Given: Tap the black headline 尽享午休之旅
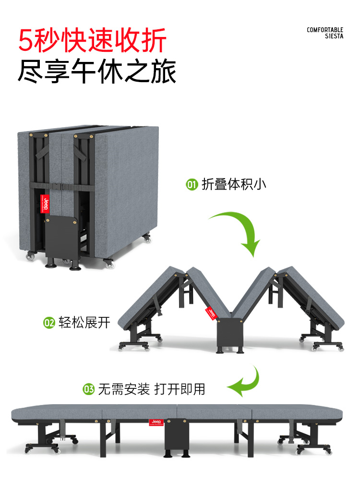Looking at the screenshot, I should (97, 72).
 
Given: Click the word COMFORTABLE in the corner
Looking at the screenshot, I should (325, 30).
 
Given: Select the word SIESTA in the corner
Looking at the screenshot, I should (334, 36).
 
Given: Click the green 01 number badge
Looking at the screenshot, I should (192, 184).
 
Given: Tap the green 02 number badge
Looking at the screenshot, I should (49, 323).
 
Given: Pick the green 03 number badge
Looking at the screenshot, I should (89, 389).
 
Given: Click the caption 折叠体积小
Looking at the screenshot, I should (234, 184).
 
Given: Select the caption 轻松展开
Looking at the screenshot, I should (84, 323).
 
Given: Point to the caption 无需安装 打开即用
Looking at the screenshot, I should (151, 389).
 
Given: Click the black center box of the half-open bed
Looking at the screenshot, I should (228, 335).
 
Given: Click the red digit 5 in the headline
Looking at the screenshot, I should (26, 40).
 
